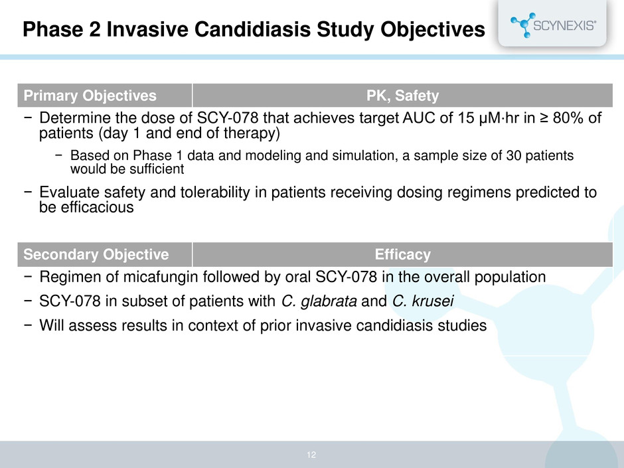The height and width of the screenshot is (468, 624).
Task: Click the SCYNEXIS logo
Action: (x=553, y=25)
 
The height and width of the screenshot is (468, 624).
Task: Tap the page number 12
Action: (x=311, y=455)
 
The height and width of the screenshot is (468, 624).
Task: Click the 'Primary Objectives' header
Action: (x=90, y=96)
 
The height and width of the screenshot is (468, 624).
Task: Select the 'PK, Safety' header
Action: (x=402, y=96)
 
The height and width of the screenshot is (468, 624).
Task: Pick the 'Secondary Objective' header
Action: (x=96, y=254)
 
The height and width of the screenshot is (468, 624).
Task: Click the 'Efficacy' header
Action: (x=402, y=254)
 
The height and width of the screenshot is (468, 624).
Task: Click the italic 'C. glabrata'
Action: (x=319, y=301)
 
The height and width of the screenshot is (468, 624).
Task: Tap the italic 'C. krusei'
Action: (x=423, y=301)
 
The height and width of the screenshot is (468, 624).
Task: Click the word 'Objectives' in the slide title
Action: (x=433, y=29)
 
